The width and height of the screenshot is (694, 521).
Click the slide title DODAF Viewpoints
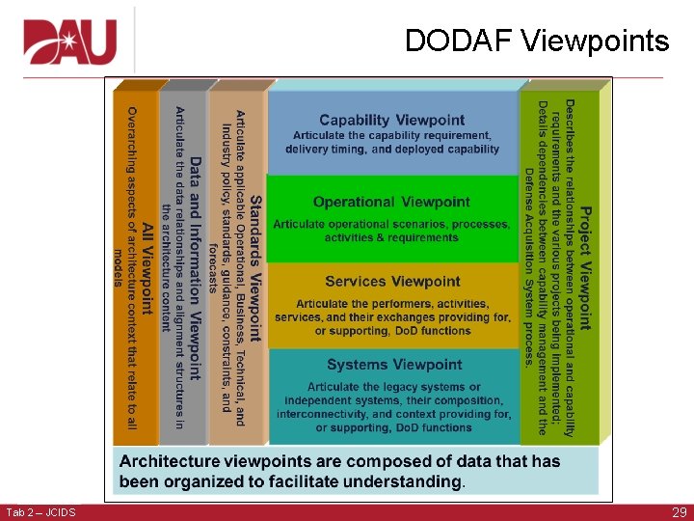click(536, 41)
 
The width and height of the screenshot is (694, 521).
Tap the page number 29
click(678, 512)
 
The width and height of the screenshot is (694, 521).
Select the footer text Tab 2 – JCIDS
click(40, 512)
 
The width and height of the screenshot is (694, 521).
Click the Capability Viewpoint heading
click(391, 121)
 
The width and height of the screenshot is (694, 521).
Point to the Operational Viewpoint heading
click(391, 202)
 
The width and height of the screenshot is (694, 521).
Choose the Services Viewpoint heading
click(392, 282)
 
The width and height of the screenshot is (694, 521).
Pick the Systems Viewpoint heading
click(394, 365)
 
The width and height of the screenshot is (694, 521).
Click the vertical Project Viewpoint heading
click(585, 267)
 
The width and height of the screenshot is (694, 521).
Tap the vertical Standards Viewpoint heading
click(255, 268)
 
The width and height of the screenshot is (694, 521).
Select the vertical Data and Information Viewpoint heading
click(195, 268)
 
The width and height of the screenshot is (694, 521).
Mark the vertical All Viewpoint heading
click(147, 268)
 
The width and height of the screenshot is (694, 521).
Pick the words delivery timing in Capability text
click(325, 149)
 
